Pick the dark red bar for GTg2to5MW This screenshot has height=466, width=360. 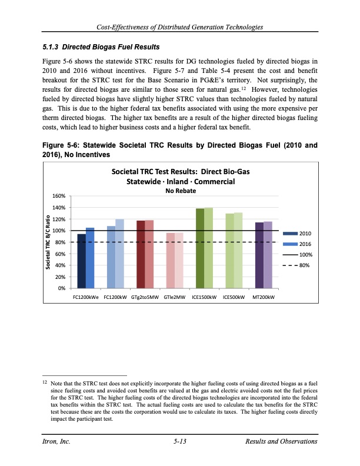tap(141, 254)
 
